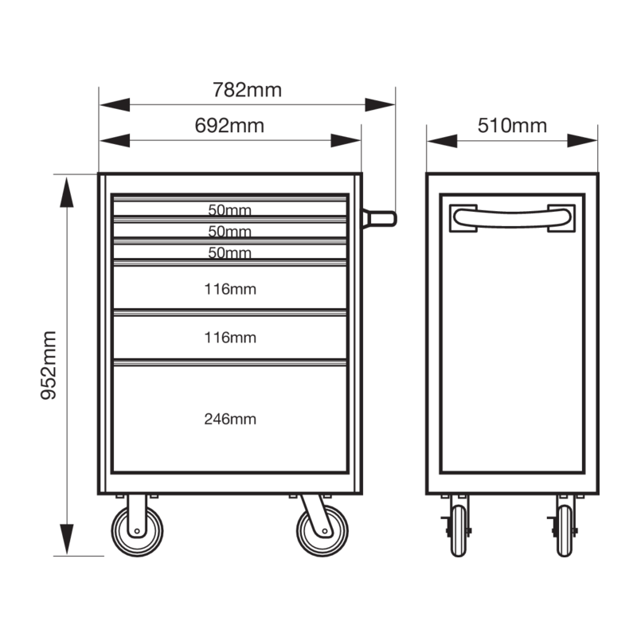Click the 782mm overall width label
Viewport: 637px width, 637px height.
247,90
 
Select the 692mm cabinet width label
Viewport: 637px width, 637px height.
229,125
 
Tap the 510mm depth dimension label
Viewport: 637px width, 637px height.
512,125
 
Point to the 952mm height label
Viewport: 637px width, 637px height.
49,365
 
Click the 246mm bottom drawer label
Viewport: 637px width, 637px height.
230,419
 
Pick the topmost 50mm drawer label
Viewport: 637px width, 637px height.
229,209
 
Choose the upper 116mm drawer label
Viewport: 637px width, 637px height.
230,289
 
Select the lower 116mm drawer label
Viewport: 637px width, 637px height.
230,337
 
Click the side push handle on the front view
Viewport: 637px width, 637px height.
379,219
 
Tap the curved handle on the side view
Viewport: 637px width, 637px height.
512,218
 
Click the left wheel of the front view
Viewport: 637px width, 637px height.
137,531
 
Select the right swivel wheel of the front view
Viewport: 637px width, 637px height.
322,531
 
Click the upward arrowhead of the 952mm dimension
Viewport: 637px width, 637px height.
67,193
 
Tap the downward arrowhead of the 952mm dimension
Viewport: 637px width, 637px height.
67,539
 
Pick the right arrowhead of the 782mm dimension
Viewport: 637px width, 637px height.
380,105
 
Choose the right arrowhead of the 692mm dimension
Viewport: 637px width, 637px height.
346,141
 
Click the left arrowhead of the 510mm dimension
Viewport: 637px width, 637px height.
443,141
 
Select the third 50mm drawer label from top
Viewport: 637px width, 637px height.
229,252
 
